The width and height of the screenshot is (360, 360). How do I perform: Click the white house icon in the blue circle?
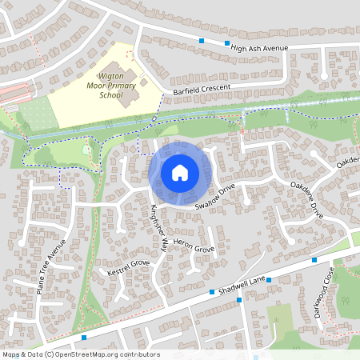[x=180, y=172]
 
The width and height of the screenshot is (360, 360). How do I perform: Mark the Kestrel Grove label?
[x=128, y=267]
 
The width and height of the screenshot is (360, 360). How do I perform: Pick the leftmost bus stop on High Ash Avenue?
[x=202, y=40]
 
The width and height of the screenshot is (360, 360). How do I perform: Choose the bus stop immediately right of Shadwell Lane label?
[x=269, y=280]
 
